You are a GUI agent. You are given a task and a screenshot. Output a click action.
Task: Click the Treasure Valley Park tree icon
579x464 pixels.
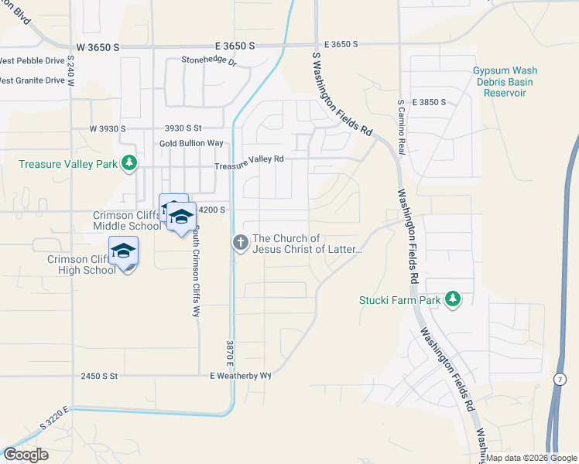tap(131, 163)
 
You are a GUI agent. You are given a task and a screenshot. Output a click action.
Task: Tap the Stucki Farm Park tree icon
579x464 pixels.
tap(453, 299)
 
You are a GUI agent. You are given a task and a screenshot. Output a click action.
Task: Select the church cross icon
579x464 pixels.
tap(241, 244)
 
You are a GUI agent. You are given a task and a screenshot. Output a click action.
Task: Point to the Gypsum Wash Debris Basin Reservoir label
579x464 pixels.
tap(505, 82)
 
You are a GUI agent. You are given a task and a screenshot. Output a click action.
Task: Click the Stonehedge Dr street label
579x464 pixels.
tap(208, 60)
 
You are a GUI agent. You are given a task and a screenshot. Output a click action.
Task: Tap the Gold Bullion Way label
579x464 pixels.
tap(191, 144)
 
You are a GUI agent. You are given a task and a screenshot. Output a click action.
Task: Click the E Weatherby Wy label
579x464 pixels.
tap(241, 376)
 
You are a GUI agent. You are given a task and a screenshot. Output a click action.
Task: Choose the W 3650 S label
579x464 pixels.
tap(98, 47)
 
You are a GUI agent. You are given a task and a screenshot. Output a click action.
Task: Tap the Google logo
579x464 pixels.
tap(26, 455)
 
